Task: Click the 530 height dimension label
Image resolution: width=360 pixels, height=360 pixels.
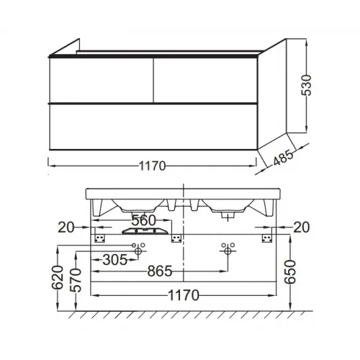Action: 307,86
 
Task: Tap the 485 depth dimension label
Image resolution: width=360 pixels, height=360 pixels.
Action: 283,158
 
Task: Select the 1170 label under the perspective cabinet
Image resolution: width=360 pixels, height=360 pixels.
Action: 153,166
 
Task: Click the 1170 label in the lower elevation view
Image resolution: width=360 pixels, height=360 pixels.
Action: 184,295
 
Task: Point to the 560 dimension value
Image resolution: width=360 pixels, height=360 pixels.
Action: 144,220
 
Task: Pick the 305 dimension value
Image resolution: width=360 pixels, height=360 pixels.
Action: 114,260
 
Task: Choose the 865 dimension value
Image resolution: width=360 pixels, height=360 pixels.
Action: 160,271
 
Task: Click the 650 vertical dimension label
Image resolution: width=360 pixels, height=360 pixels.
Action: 291,272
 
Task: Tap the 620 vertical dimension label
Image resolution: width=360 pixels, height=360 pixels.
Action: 58,277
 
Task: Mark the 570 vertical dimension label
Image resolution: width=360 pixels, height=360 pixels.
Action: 76,280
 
